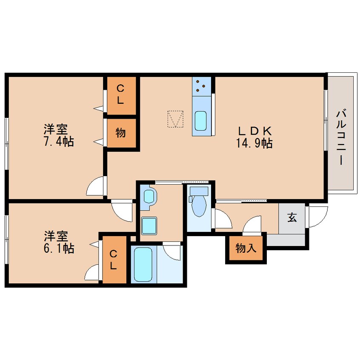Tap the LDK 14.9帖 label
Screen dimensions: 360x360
[x=254, y=137]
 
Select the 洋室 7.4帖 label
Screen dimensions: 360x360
[x=58, y=135]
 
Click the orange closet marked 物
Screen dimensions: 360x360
[x=121, y=133]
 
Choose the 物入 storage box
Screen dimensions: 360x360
[x=246, y=248]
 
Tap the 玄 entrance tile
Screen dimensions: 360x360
[x=292, y=218]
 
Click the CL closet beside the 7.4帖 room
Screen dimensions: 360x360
[x=121, y=95]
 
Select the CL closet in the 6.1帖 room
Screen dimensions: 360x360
[x=114, y=259]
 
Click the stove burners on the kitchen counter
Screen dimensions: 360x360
[x=200, y=87]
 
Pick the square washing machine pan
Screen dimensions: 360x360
[x=149, y=225]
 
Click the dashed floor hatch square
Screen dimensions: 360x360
[x=175, y=119]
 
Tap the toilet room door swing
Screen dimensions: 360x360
[x=223, y=220]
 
